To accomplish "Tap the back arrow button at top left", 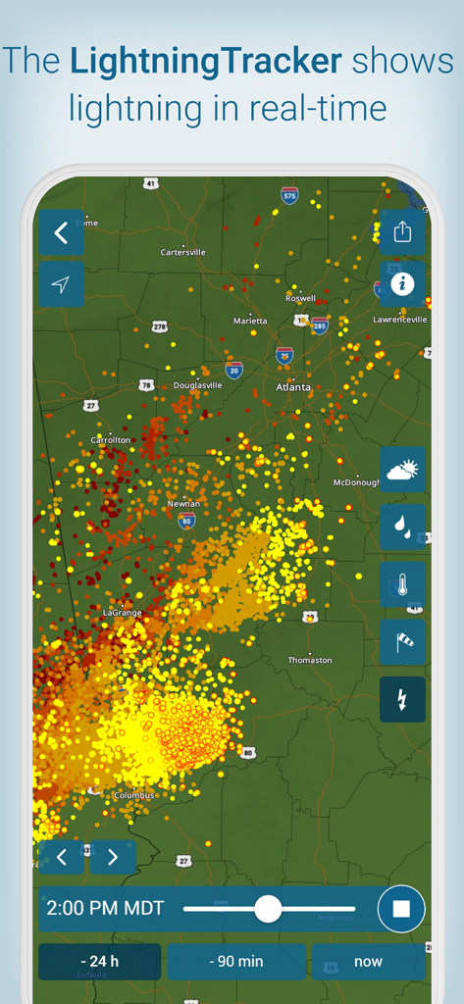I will (61, 232).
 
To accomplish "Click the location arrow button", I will (61, 284).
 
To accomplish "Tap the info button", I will (402, 284).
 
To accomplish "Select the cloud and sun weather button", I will (402, 470).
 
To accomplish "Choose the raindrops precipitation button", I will (402, 527).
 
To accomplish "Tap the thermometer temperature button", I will (402, 584).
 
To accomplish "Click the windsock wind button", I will (402, 642).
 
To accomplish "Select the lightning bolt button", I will (402, 699).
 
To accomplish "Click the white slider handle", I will (268, 909).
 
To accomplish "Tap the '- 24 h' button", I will (99, 961).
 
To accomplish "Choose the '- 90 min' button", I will (235, 961).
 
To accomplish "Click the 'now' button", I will (368, 961).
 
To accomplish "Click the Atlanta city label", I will (292, 387).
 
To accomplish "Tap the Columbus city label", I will (134, 795).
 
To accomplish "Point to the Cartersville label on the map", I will (183, 252).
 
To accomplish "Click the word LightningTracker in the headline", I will (206, 63).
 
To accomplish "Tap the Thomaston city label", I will (310, 660).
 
